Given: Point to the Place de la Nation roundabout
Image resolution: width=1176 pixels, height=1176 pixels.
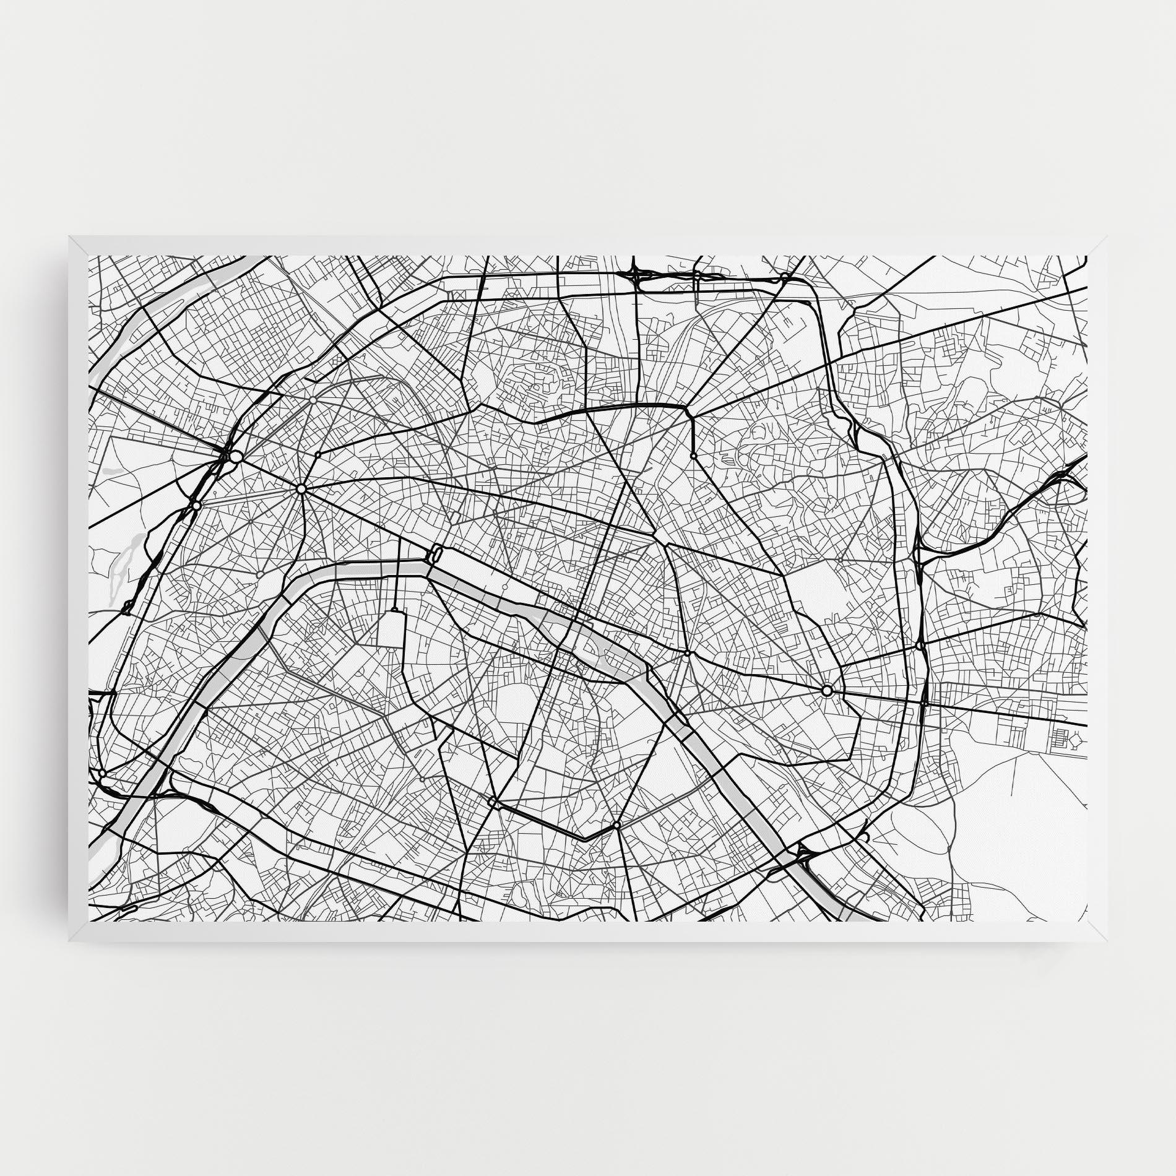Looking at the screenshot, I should click(x=826, y=691).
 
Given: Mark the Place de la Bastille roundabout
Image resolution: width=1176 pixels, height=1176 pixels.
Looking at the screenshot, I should click(x=687, y=653).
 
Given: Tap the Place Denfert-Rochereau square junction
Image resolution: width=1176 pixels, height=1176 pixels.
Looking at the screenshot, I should click(x=492, y=802).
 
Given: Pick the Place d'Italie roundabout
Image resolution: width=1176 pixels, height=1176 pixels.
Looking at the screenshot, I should click(x=616, y=826).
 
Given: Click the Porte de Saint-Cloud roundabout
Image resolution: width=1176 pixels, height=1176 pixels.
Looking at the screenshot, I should click(x=102, y=773).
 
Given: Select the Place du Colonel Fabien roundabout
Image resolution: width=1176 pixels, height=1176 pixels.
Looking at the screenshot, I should click(x=693, y=456).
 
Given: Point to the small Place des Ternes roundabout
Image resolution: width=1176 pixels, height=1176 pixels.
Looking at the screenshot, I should click(x=318, y=454).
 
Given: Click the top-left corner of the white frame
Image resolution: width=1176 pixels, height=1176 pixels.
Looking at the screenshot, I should click(x=69, y=236).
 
